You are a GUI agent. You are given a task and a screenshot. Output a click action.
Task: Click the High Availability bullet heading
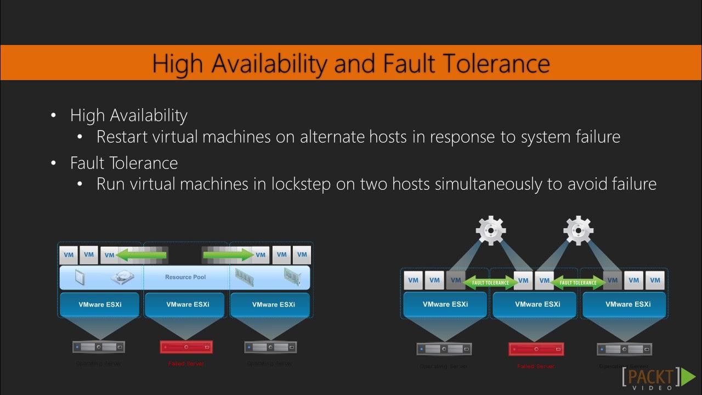(128, 115)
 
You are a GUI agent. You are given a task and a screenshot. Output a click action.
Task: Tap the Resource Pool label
(185, 277)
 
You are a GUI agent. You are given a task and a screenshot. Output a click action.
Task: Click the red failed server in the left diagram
(186, 347)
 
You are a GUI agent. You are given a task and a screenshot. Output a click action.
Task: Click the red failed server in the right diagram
(536, 348)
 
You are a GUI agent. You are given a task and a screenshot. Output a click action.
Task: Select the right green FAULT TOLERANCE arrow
(578, 283)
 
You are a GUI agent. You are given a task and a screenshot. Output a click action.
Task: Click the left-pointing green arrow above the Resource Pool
(141, 255)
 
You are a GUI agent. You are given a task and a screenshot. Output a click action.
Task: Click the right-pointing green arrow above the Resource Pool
(229, 255)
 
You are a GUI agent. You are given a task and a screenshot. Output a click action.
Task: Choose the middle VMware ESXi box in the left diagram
(188, 304)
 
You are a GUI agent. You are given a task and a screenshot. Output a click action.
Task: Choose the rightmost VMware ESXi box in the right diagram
(628, 304)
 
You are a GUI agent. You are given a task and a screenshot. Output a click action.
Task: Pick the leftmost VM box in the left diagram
(69, 255)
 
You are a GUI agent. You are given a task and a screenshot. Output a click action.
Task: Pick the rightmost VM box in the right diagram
(655, 280)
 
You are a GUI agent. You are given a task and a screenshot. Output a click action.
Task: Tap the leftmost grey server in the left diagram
(99, 347)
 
